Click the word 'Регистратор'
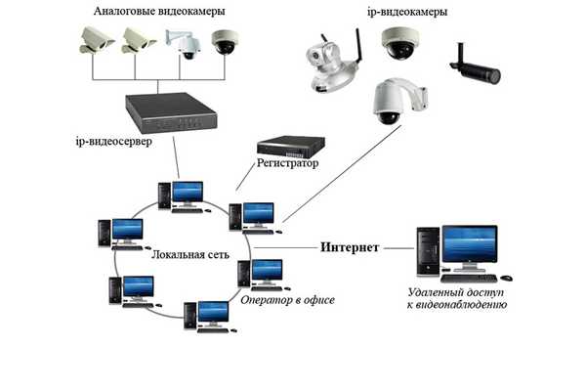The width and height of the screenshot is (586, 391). [x=287, y=163]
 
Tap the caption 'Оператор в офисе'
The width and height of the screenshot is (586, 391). [x=287, y=300]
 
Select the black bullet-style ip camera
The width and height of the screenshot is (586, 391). [x=477, y=65]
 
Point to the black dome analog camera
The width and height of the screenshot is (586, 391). [x=226, y=44]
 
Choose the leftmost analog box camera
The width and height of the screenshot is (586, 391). [x=98, y=38]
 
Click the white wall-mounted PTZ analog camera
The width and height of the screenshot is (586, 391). [x=183, y=42]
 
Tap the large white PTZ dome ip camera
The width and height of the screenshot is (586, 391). [x=398, y=101]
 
